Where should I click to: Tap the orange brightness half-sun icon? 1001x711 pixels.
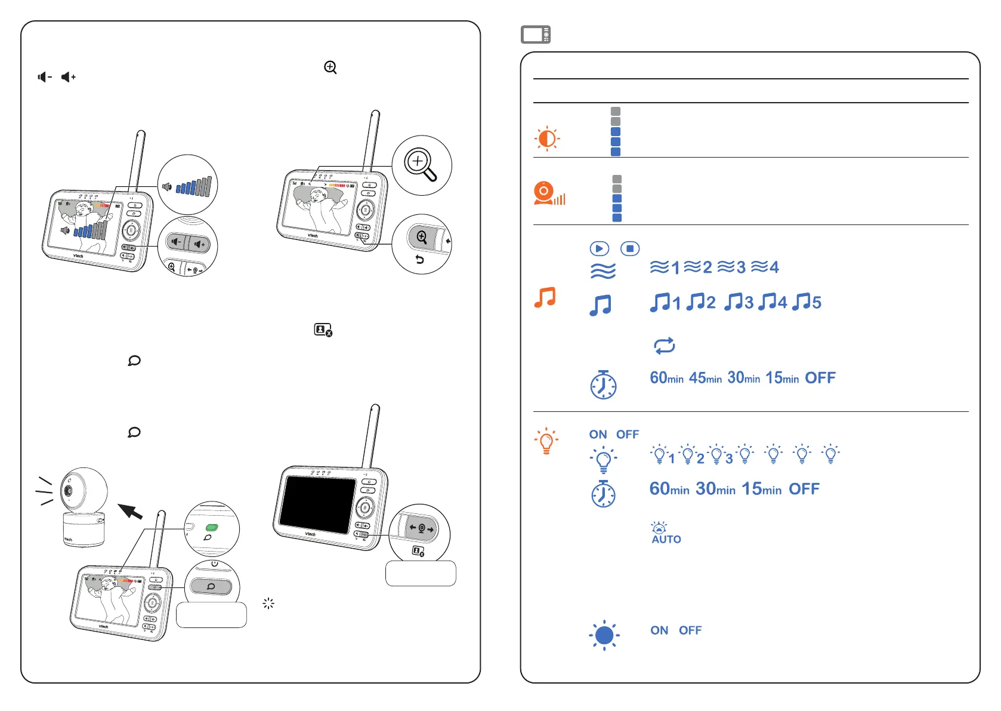(547, 138)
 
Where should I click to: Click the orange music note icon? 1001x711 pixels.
(545, 297)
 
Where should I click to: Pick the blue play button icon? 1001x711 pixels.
(599, 248)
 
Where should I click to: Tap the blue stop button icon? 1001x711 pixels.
(630, 248)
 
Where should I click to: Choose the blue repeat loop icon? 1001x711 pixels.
(664, 346)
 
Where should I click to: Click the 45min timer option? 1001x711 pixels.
(705, 378)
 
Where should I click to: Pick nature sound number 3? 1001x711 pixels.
(731, 267)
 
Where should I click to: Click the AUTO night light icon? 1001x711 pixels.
(666, 533)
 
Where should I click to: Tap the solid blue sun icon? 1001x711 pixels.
(604, 635)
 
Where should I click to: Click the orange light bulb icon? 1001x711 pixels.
(546, 441)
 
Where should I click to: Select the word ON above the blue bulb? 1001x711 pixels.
(598, 435)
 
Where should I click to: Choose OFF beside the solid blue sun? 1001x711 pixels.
(690, 630)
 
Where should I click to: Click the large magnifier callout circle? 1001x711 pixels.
(422, 165)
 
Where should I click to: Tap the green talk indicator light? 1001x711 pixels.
(212, 528)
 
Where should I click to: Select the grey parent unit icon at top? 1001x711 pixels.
(536, 35)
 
